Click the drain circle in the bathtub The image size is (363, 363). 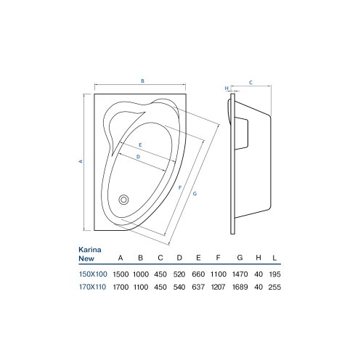(x=123, y=200)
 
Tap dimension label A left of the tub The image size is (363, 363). (x=81, y=161)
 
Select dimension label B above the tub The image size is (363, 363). (x=142, y=81)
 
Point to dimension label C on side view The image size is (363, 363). (x=250, y=83)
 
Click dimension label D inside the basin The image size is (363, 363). (x=138, y=157)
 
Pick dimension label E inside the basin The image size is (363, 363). (x=140, y=145)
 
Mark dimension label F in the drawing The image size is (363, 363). (x=180, y=187)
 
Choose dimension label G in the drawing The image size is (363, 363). (x=195, y=194)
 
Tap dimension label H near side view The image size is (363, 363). (x=227, y=89)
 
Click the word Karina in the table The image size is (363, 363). (x=90, y=250)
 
